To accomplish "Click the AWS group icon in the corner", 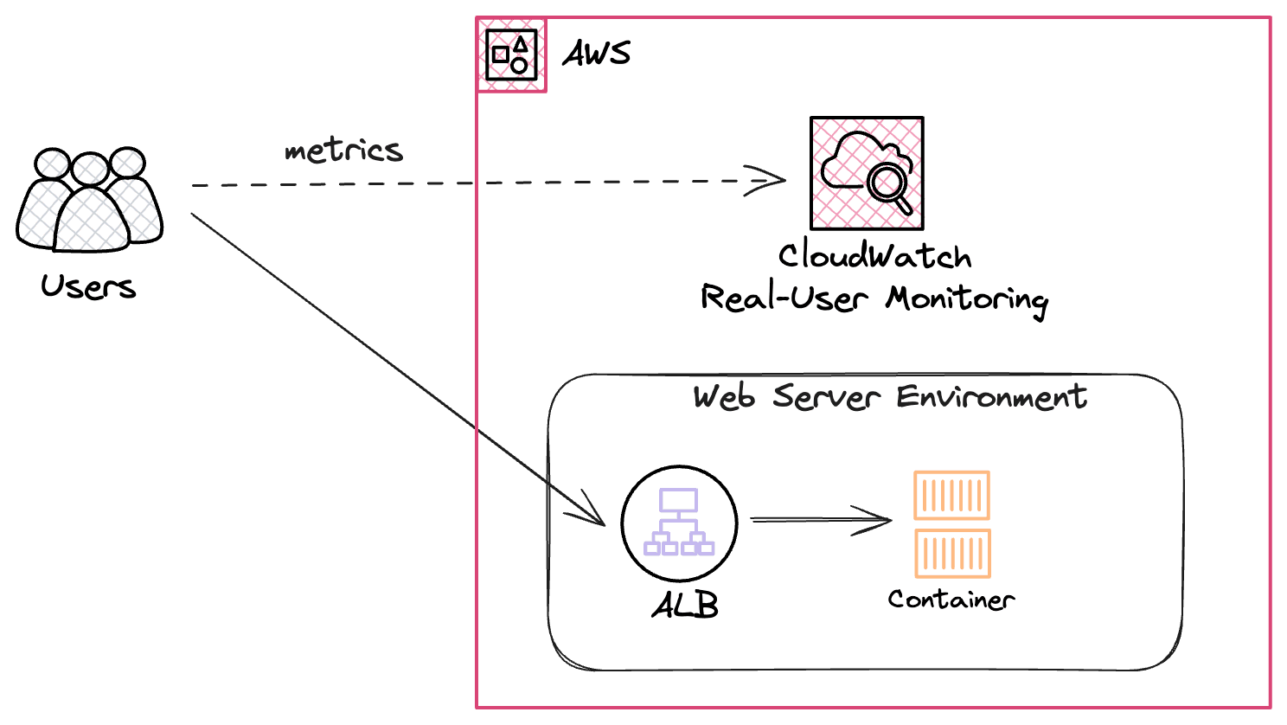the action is tap(511, 55).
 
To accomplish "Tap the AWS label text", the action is tap(597, 54).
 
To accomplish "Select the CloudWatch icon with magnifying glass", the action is tap(867, 174).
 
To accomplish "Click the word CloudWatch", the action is tap(875, 255).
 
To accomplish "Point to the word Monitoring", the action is tap(967, 300).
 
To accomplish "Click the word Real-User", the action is tap(784, 298).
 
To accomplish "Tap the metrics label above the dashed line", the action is tap(343, 151).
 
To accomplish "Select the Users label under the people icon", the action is tap(88, 286).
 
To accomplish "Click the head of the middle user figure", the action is tap(90, 169).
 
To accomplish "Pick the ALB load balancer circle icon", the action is tap(679, 523).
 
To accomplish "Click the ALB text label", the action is tap(685, 605).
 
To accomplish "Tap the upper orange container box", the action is tap(951, 495).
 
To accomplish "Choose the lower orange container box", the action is tap(952, 553).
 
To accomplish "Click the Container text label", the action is tap(951, 600).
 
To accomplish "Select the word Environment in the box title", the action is tap(992, 397).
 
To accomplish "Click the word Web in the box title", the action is tap(724, 397).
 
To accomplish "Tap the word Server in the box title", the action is tap(826, 397).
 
